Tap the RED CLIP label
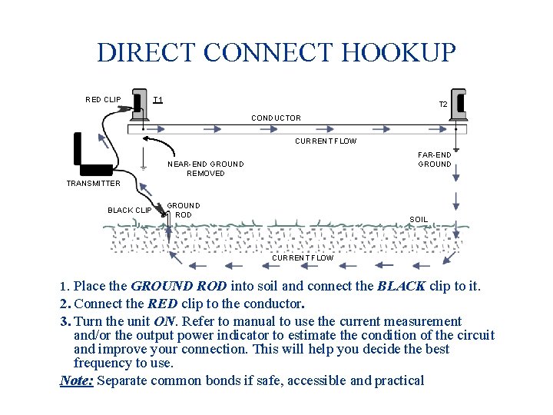(103, 99)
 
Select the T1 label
(157, 99)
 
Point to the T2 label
(443, 105)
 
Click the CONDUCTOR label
(276, 118)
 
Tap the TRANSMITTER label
(93, 183)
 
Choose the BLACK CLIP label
(130, 210)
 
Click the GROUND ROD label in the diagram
(184, 210)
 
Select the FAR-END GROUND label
(435, 159)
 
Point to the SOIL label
(419, 219)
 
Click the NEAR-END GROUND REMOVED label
(206, 168)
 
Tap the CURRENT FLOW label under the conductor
(326, 141)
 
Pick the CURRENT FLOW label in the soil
(303, 257)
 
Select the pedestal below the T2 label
(460, 105)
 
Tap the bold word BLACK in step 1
(401, 287)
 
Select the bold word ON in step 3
(164, 321)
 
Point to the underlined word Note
(77, 380)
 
